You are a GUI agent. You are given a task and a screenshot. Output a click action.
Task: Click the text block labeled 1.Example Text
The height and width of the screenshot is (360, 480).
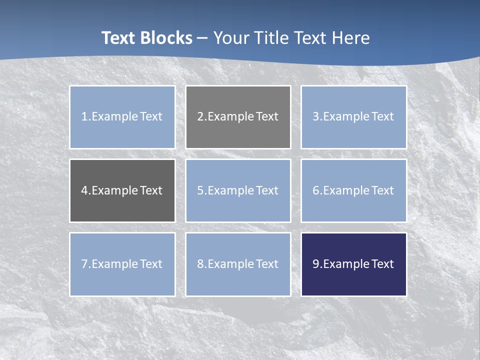[122, 117]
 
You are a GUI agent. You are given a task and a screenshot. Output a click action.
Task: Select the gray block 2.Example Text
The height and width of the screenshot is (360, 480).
[238, 117]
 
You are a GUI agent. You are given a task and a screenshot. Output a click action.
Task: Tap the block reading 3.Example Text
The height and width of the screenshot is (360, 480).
[353, 117]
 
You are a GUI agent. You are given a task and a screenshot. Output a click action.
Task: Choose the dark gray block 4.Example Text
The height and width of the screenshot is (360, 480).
[122, 190]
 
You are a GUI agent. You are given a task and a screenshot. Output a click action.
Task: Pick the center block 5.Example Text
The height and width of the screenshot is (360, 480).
[238, 190]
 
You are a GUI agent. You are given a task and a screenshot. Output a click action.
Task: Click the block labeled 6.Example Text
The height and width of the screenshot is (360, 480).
[353, 190]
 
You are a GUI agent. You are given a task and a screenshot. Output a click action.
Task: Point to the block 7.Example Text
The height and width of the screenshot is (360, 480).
[122, 264]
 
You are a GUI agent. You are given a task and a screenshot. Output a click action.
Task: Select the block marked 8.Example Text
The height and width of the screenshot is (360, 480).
[238, 264]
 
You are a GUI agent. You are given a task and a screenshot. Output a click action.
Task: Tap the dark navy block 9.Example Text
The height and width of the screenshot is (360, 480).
[353, 264]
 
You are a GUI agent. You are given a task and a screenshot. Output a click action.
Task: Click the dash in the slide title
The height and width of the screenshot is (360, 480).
[202, 38]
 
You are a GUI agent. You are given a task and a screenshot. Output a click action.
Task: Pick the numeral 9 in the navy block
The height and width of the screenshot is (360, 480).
[316, 264]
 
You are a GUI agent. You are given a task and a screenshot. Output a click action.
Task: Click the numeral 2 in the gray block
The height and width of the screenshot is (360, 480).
[200, 117]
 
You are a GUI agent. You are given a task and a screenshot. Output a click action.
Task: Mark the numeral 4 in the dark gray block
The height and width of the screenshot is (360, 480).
[84, 190]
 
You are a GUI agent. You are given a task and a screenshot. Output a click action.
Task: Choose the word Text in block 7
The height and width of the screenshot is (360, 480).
[151, 264]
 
